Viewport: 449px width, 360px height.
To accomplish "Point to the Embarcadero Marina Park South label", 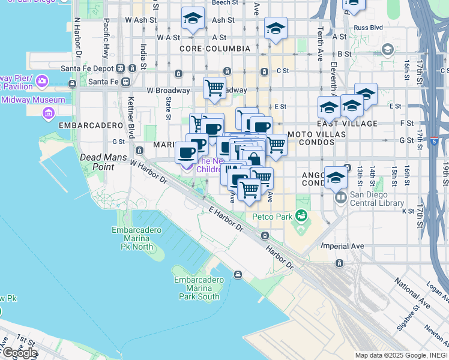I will tap(196, 288).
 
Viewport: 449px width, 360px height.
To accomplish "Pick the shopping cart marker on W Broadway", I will tap(214, 89).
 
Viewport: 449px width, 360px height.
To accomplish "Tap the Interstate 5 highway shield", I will tap(433, 142).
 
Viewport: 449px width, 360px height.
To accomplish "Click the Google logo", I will tap(19, 353).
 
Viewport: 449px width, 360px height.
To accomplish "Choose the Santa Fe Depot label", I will tap(89, 68).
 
